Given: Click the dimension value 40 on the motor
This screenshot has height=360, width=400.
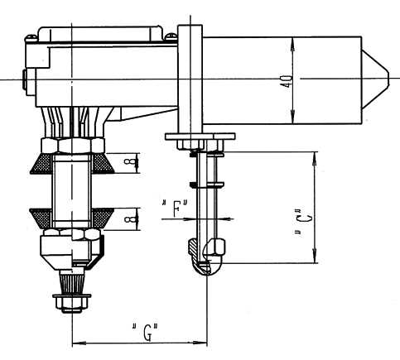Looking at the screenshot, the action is click(287, 81).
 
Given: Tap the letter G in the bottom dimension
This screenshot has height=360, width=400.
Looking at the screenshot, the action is click(148, 332).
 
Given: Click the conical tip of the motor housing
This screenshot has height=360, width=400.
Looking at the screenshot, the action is click(375, 79).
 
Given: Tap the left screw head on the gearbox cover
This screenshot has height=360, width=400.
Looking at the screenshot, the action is click(31, 36).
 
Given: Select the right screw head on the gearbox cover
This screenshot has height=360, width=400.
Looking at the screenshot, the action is click(171, 36).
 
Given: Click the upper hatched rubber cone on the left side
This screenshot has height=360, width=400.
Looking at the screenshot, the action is click(41, 164).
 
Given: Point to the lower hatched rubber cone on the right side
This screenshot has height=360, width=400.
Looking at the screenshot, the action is click(102, 218).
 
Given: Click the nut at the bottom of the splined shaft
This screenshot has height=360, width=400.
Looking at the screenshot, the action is click(72, 303).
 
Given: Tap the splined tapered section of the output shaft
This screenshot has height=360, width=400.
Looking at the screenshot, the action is click(71, 282).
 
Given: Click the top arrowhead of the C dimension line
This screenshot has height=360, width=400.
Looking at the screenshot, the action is click(314, 159).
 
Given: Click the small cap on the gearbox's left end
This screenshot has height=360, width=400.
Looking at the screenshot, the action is click(25, 79).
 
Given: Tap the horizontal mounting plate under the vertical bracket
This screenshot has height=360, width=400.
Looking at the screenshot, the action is click(200, 137).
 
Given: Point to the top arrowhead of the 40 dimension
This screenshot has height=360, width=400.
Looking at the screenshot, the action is click(293, 44).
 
